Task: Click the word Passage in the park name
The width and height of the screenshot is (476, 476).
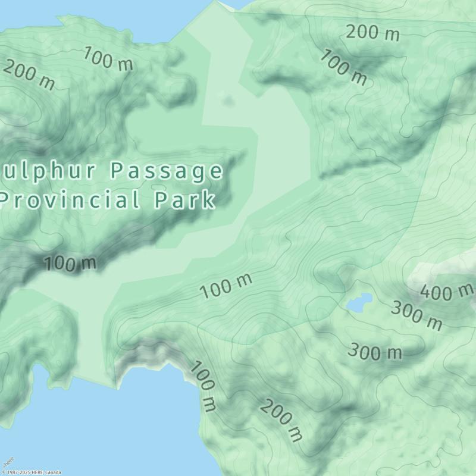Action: pyautogui.click(x=167, y=171)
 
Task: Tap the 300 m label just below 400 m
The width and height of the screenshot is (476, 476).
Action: pyautogui.click(x=416, y=316)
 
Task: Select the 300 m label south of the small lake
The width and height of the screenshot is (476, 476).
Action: pyautogui.click(x=375, y=352)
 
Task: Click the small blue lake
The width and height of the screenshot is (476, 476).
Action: pyautogui.click(x=359, y=302)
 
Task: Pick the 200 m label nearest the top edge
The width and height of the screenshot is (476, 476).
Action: pyautogui.click(x=372, y=32)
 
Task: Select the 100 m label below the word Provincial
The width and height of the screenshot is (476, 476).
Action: pyautogui.click(x=70, y=263)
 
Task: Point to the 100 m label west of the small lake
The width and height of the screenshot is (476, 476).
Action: pyautogui.click(x=226, y=286)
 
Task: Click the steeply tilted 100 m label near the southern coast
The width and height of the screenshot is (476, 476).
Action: pyautogui.click(x=203, y=386)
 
